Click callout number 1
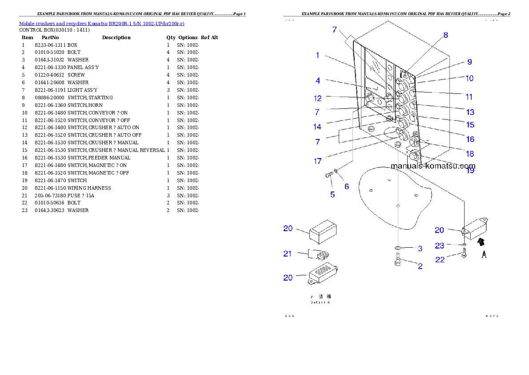pos(318,55)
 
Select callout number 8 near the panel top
pos(445,35)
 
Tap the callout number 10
pos(469,78)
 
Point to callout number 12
pos(317,98)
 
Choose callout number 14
pos(317,127)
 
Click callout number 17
pos(317,161)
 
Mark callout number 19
pos(470,170)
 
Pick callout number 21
pos(288,254)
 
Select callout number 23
pos(440,245)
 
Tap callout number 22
pos(440,259)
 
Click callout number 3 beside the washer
pos(420,248)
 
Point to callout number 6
pos(347,187)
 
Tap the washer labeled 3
pos(398,248)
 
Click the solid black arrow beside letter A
pos(480,242)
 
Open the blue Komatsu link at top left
pos(101,23)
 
